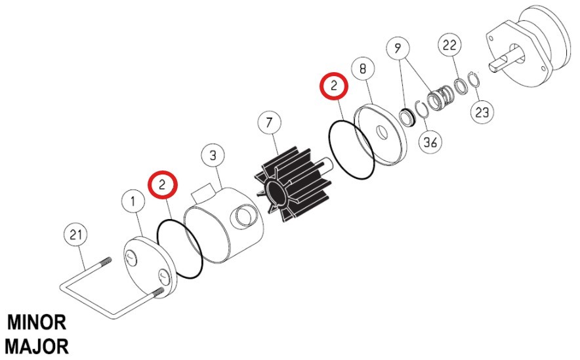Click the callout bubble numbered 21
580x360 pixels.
[75, 235]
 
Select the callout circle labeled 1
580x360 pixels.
[133, 201]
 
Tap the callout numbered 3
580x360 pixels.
[213, 155]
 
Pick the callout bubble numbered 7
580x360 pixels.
[269, 123]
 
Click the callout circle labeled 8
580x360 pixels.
[362, 69]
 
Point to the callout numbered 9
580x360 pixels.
[398, 49]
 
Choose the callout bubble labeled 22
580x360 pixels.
[450, 45]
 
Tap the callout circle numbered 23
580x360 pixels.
[482, 112]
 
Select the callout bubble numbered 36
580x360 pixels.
[430, 142]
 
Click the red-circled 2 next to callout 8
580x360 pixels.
[334, 86]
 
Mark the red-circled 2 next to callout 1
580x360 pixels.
[163, 184]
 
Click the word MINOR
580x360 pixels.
[37, 323]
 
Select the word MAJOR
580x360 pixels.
[37, 347]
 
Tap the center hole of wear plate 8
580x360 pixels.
[381, 133]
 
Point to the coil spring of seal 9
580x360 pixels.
[440, 97]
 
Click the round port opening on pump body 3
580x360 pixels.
[243, 217]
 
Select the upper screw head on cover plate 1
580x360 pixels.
[131, 257]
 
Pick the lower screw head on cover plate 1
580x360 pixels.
[164, 277]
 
